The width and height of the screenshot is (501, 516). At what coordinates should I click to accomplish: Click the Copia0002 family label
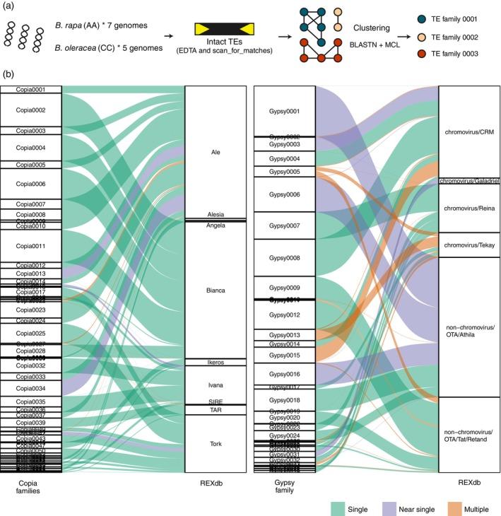(30, 110)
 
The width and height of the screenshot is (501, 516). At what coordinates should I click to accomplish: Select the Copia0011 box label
(30, 246)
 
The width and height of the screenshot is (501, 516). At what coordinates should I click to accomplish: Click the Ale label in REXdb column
(216, 152)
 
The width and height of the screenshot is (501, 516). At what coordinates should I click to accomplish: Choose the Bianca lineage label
(216, 291)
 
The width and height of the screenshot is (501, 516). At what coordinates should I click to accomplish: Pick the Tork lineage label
(216, 443)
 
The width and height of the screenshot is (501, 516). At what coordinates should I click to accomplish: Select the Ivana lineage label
(216, 385)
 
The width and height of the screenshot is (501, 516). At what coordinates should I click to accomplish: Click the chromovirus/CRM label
(470, 131)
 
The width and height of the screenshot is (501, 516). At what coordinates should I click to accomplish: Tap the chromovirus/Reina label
(470, 209)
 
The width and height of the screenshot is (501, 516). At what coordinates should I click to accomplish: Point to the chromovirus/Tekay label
(470, 245)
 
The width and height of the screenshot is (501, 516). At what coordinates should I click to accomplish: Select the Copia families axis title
(30, 487)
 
